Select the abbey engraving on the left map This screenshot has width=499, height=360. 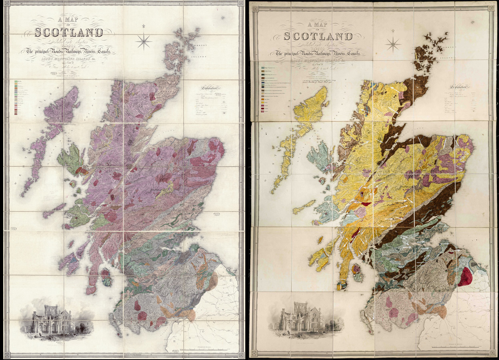point(56,318)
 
